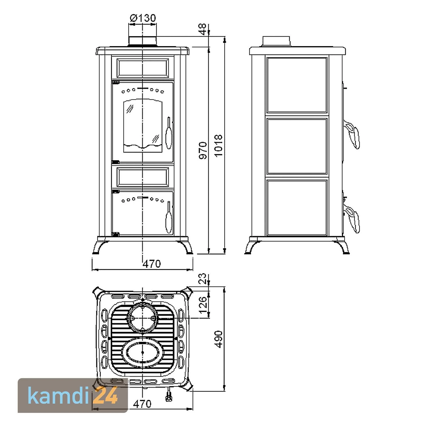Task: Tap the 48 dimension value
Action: (x=203, y=29)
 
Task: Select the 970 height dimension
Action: (x=203, y=150)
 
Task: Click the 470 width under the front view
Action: (x=152, y=264)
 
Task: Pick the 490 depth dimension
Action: (x=218, y=339)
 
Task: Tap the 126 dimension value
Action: (x=203, y=305)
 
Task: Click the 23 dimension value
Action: (x=203, y=278)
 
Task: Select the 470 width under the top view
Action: (x=142, y=404)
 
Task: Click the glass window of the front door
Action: (x=142, y=126)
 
